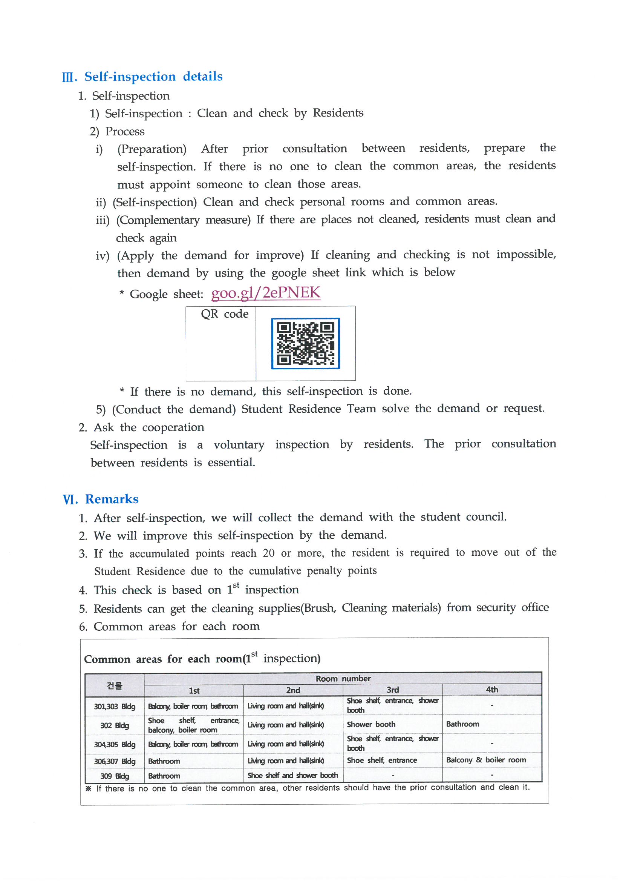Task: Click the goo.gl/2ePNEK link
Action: point(266,293)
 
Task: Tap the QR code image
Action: point(305,343)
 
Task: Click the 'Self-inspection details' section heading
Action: point(153,77)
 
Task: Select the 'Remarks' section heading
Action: point(111,499)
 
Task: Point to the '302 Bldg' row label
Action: point(115,725)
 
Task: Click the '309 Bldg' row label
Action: point(115,776)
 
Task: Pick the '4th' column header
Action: point(492,690)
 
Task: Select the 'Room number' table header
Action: point(343,678)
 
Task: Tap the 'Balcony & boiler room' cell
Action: point(486,760)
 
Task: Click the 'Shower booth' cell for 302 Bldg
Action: point(371,724)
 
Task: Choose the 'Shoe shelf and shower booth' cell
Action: point(292,775)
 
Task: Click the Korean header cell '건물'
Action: point(115,685)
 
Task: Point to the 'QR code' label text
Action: point(225,314)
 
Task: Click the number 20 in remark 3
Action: point(268,553)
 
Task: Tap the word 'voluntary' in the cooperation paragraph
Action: point(239,445)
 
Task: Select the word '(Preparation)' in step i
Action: point(152,149)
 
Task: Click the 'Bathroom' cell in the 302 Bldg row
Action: point(462,724)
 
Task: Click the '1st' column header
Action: point(194,690)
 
